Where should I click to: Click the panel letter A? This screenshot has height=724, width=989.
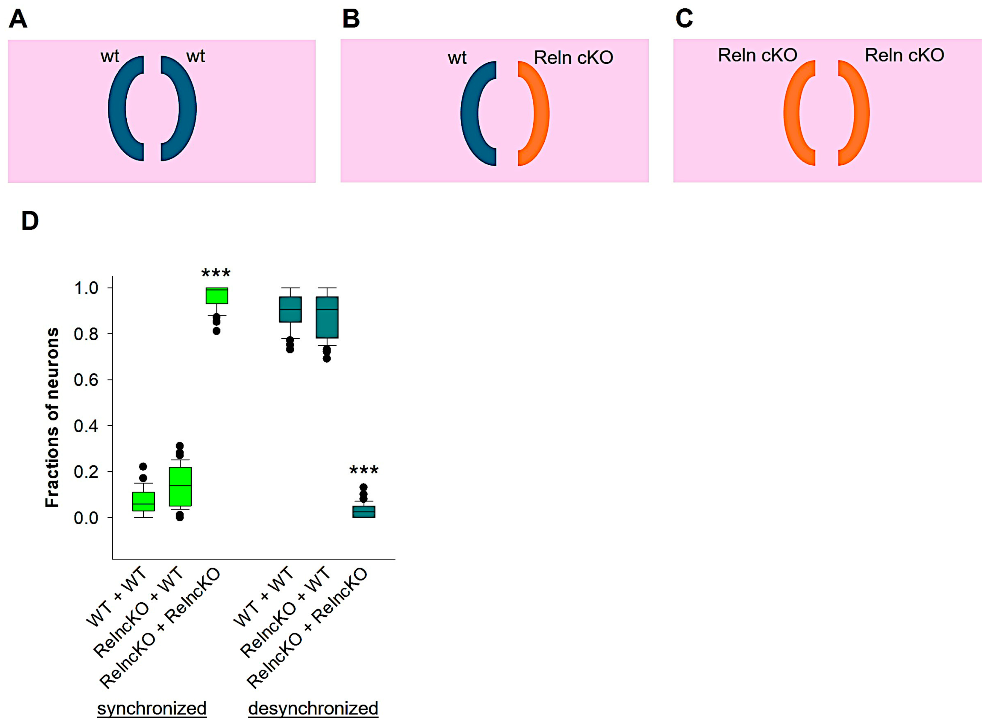18,19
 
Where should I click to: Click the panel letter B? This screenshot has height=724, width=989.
351,19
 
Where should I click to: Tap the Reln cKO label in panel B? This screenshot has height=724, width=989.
573,58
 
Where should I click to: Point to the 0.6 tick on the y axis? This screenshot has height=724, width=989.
86,380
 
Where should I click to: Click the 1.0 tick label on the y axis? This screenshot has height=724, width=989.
86,288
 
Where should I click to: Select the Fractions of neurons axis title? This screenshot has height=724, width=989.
52,418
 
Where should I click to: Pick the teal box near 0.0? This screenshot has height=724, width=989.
364,511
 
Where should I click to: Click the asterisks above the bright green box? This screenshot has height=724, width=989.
216,273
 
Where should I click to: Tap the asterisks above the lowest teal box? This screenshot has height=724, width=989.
364,471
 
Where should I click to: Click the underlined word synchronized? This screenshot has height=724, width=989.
152,708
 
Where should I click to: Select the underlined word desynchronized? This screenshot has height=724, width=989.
313,708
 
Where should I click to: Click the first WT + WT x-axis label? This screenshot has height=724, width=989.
116,597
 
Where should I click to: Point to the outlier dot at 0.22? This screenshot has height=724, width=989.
143,466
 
